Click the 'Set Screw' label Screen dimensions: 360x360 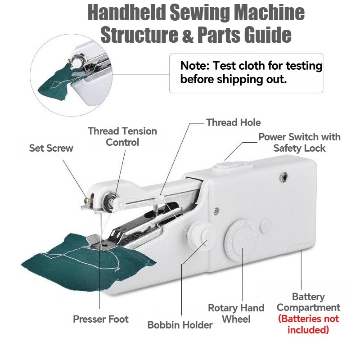coord(51,148)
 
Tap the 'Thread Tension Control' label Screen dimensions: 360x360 coord(122,137)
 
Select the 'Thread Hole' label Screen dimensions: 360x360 coord(233,122)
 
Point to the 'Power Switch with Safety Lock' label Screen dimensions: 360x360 coord(299,143)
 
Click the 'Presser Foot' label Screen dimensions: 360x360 coord(100,319)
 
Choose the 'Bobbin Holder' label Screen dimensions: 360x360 coord(180,325)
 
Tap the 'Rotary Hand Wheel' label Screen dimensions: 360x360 coord(236,314)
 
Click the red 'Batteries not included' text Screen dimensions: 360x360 coord(308,324)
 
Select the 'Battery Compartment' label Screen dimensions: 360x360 coord(308,302)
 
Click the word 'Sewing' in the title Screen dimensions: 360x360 coord(200,13)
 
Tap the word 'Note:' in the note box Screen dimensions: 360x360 coord(195,66)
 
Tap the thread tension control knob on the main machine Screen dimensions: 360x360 coord(110,200)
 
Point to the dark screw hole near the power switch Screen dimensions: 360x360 coord(284,176)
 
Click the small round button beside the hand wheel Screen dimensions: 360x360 coord(265,225)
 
